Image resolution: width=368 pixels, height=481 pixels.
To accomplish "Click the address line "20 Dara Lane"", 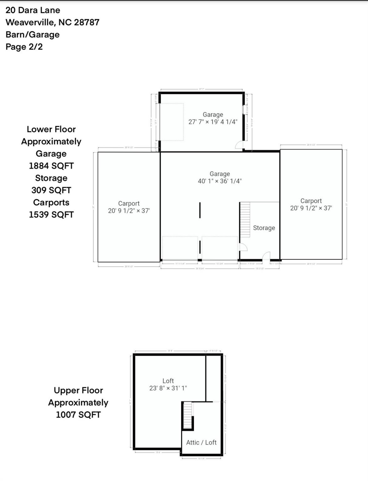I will (33, 10).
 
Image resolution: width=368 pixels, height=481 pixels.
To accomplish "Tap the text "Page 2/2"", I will (24, 47).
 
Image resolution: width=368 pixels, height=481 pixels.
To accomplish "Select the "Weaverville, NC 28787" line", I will (52, 23).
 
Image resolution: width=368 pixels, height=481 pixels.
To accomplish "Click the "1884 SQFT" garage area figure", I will (51, 166).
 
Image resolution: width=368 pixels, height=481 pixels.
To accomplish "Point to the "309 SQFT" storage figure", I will (51, 190).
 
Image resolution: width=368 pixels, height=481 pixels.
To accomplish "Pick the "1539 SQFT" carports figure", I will (51, 215).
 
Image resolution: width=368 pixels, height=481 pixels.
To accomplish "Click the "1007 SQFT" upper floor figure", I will (78, 415).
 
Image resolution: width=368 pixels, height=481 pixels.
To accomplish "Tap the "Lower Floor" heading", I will (51, 129).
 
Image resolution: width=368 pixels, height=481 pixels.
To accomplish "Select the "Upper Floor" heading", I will (78, 390).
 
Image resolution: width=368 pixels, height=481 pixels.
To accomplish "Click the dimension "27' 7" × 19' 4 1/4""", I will (213, 122).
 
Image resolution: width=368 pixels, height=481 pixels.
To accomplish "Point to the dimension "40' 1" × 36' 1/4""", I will (220, 181).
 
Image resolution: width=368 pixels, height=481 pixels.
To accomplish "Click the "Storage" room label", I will (264, 228).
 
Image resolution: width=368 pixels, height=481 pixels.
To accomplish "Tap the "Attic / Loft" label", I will (201, 442).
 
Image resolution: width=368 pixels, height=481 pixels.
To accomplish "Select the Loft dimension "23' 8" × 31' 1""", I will (168, 388).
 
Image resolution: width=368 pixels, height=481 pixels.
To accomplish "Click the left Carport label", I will (129, 204).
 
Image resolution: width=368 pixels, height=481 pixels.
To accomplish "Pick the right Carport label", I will (311, 201).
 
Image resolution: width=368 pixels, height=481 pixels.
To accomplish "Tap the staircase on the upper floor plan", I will (187, 415).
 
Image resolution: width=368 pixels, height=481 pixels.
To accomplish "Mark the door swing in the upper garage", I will (239, 145).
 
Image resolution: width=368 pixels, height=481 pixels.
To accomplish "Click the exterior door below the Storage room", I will (266, 256).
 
